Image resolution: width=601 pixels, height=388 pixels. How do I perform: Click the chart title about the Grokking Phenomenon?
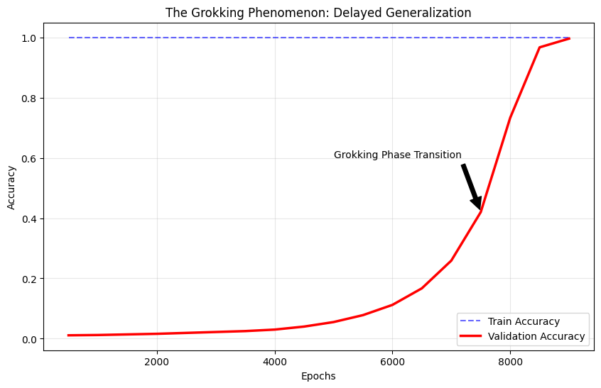tap(318, 13)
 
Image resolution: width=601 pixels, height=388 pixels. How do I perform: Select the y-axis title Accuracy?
tap(11, 187)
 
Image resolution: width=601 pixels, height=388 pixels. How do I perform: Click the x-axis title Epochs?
tap(318, 377)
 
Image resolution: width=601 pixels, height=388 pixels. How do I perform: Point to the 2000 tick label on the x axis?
tap(157, 362)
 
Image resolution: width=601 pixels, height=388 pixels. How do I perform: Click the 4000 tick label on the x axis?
tap(274, 362)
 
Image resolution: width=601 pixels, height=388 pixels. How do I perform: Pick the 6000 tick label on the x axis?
tap(392, 362)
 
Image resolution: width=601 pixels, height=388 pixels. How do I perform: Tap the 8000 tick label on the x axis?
tap(510, 362)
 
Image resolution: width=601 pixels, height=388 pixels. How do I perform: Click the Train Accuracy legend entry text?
tap(524, 321)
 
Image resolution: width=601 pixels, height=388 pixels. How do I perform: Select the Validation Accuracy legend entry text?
tap(536, 336)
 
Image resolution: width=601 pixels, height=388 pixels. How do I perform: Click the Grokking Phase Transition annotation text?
tap(398, 155)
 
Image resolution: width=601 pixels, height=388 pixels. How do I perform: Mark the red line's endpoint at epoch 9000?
tap(570, 38)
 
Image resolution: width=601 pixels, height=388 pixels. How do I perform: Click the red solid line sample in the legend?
tap(471, 336)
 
